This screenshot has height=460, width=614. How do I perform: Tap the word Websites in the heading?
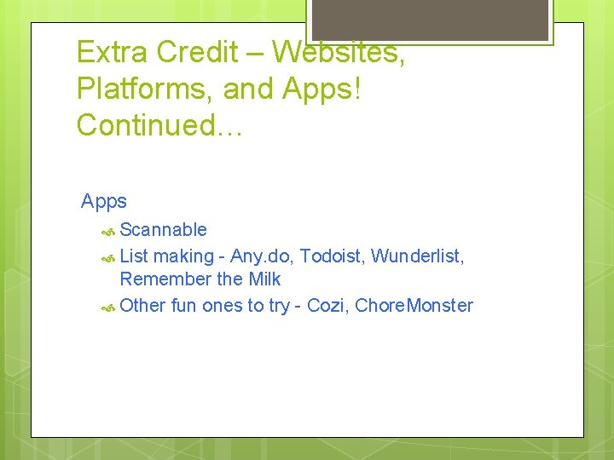(339, 52)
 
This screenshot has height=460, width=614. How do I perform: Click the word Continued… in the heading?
(160, 125)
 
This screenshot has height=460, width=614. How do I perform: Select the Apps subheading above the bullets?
(104, 202)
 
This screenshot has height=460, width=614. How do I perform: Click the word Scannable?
(163, 229)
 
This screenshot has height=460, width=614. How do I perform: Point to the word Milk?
(264, 279)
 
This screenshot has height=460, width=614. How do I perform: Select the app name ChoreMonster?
(414, 306)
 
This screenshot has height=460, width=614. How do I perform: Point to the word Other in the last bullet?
(142, 306)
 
